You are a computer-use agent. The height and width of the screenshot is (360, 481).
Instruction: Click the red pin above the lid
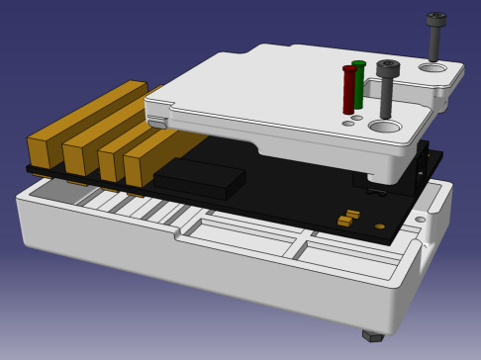pyautogui.click(x=348, y=90)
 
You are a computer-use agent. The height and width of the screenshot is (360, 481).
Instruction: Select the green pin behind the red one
pyautogui.click(x=359, y=85)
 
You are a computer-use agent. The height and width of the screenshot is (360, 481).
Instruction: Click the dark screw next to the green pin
pyautogui.click(x=386, y=89)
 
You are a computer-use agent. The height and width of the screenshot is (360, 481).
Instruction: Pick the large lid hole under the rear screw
pyautogui.click(x=433, y=68)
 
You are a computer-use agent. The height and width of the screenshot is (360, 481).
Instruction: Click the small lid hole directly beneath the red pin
pyautogui.click(x=347, y=124)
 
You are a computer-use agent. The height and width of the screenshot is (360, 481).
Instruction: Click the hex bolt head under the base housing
pyautogui.click(x=373, y=335)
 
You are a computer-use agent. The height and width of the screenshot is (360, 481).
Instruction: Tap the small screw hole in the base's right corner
pyautogui.click(x=423, y=218)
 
